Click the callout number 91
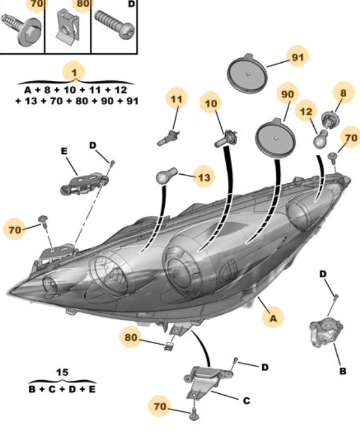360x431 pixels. tap(298, 57)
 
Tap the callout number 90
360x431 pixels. tap(288, 94)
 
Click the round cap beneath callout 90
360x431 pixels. tap(275, 138)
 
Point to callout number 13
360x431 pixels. tap(204, 177)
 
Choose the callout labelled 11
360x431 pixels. tap(176, 99)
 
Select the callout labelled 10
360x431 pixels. tap(211, 103)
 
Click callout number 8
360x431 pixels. tap(343, 93)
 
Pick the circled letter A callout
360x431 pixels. tap(273, 318)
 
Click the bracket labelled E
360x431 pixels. tap(84, 183)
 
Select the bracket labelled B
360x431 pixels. tap(326, 332)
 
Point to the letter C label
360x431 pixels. tap(246, 400)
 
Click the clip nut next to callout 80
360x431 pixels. tap(169, 346)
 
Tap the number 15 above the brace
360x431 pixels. tap(62, 372)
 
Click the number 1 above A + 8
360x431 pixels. tap(74, 72)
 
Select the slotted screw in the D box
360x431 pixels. tap(114, 25)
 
